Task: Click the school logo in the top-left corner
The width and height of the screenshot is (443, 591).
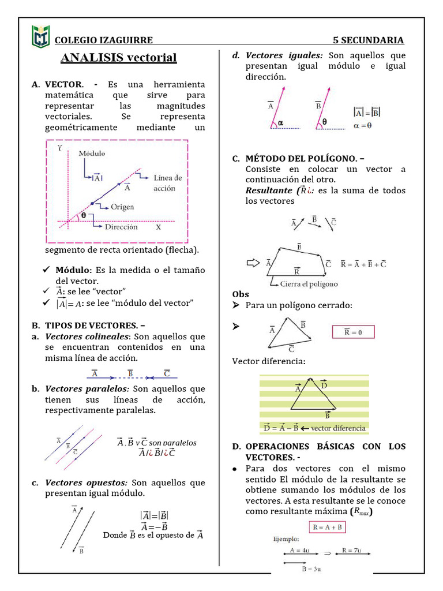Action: (40, 36)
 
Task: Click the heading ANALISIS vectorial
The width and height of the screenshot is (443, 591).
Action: (119, 58)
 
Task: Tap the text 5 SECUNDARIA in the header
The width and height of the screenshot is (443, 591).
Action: (368, 40)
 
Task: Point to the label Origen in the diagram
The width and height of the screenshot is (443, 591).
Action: (122, 207)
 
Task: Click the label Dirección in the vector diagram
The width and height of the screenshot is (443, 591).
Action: (121, 227)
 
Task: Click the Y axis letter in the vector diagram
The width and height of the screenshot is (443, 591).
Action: (60, 148)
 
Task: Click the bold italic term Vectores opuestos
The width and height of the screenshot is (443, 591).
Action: (86, 482)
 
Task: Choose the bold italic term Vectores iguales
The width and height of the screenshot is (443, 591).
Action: (284, 55)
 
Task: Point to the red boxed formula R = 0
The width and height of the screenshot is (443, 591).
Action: (353, 332)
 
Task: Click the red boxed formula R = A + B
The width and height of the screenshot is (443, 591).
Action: (326, 527)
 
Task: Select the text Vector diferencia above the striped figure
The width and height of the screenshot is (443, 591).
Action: (268, 361)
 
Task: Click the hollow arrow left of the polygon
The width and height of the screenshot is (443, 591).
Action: (253, 263)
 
